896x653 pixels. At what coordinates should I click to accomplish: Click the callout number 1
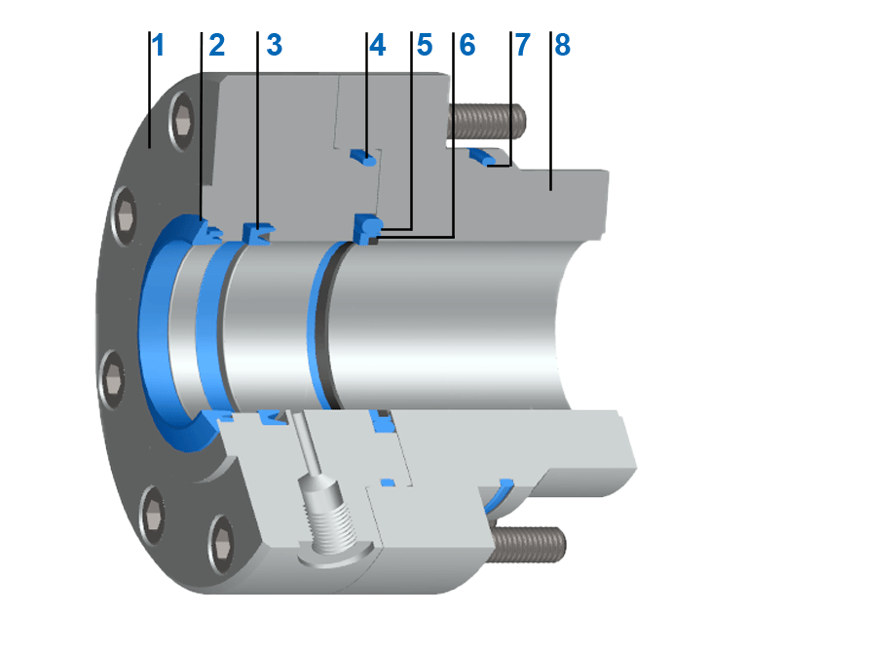(x=159, y=46)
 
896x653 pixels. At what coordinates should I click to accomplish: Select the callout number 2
(x=215, y=46)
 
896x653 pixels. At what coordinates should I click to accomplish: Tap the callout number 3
(x=274, y=46)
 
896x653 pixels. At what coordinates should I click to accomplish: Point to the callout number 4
(x=377, y=46)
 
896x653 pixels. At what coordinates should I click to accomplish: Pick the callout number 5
(x=424, y=46)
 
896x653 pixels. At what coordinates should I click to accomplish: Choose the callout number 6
(x=467, y=46)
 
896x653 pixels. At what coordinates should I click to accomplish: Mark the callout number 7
(x=523, y=46)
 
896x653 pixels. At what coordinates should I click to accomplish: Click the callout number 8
(x=561, y=46)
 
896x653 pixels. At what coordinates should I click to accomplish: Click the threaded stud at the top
(x=488, y=122)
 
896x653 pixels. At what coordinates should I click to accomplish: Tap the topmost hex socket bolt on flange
(x=184, y=121)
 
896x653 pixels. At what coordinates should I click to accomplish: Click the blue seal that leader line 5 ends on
(x=367, y=228)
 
